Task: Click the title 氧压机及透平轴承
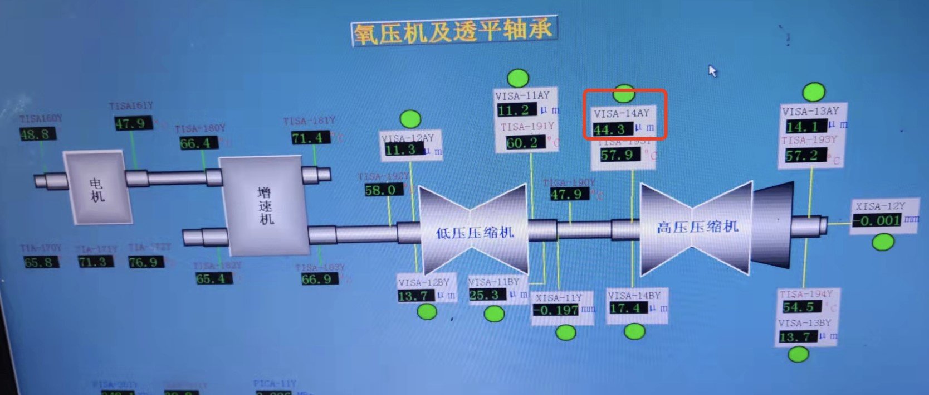[x=453, y=32]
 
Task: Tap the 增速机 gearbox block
[x=265, y=205]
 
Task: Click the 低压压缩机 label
[x=475, y=232]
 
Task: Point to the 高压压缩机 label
[x=697, y=227]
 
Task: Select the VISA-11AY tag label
[x=522, y=96]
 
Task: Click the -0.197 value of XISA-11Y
[x=556, y=310]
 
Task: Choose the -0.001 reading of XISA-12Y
[x=877, y=220]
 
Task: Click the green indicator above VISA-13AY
[x=814, y=92]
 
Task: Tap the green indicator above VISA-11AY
[x=518, y=78]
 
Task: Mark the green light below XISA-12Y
[x=883, y=242]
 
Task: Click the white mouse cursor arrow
[x=712, y=71]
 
